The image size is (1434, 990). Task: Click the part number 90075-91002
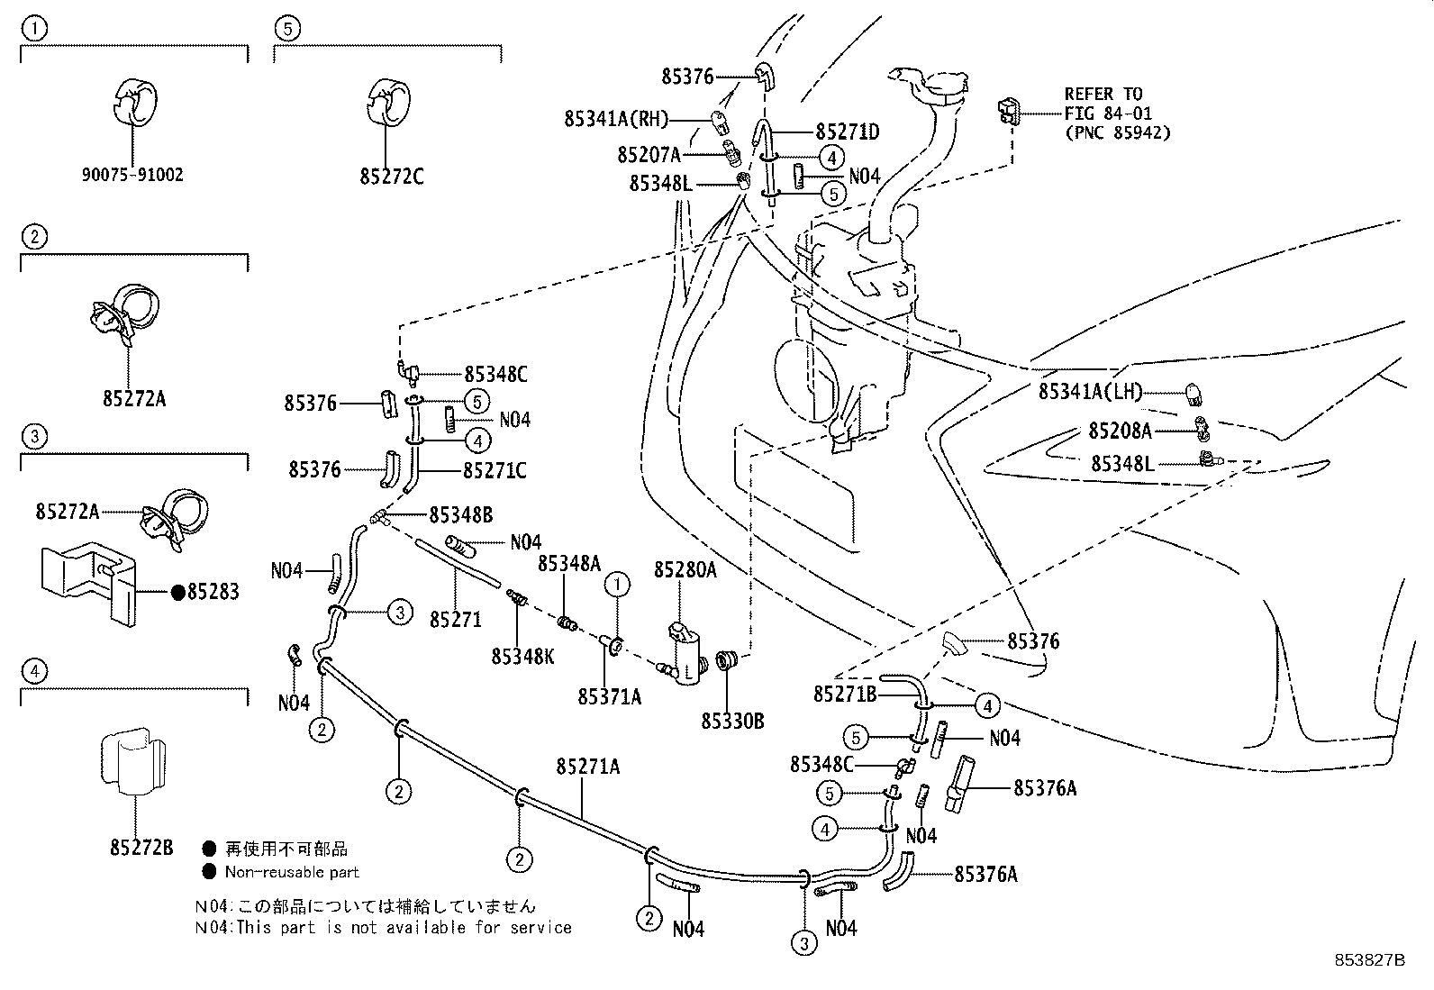coord(132,175)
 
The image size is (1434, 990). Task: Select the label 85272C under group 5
coord(391,177)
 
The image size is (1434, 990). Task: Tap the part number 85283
coord(213,592)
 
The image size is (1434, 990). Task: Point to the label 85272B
coord(141,848)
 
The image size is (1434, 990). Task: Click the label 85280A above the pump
coord(685,569)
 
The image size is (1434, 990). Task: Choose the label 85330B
coord(732,721)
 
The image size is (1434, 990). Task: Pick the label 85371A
coord(610,696)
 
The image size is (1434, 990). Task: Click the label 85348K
coord(522,657)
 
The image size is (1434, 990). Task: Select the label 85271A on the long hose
coord(588,767)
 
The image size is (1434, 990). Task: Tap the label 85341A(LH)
coord(1090,392)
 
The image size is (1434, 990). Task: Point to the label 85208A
coord(1120,431)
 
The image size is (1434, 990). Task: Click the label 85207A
coord(649,155)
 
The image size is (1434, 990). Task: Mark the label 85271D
coord(848,132)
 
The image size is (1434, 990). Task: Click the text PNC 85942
coord(1118,133)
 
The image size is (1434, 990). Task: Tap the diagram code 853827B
coord(1370,960)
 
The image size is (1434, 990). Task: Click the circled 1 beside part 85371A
coord(617,586)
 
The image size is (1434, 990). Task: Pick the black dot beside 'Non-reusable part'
coord(209,871)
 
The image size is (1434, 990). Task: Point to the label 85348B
coord(460,515)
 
